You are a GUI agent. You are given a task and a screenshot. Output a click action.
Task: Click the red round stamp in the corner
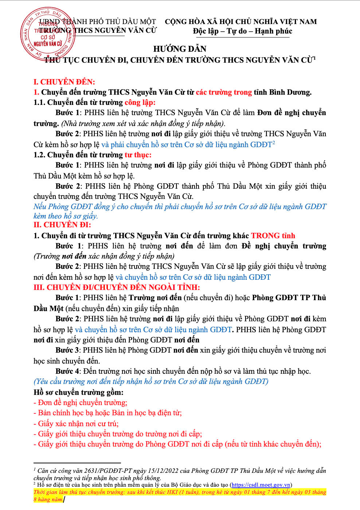[x=47, y=35]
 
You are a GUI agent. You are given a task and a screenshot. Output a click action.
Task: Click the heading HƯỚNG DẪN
[x=180, y=49]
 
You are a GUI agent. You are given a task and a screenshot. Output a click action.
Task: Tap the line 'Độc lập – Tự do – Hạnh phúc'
[x=242, y=31]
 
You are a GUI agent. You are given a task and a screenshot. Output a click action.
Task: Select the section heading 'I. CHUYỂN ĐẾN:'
[x=64, y=82]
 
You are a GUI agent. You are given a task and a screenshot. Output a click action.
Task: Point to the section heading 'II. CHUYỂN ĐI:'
[x=62, y=225]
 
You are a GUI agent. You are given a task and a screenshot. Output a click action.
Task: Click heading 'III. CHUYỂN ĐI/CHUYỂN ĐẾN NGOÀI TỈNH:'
[x=117, y=287]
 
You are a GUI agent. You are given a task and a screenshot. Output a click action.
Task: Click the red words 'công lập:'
[x=140, y=102]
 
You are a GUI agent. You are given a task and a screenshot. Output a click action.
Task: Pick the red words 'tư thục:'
[x=138, y=155]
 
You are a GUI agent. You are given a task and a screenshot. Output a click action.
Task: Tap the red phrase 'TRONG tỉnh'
[x=273, y=236]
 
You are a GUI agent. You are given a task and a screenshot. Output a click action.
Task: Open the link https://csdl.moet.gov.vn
[x=261, y=485]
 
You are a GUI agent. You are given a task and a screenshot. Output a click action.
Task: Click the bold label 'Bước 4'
[x=67, y=371]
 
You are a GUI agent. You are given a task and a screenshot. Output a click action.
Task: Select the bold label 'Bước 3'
[x=67, y=350]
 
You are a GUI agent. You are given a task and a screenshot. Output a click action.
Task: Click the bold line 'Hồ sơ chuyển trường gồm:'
[x=78, y=392]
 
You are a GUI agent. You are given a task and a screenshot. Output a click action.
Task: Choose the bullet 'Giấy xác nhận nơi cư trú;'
[x=78, y=424]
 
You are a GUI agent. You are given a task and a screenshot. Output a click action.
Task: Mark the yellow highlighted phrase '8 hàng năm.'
[x=48, y=499]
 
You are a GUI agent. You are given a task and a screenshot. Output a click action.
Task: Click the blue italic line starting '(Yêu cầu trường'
[x=151, y=381]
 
